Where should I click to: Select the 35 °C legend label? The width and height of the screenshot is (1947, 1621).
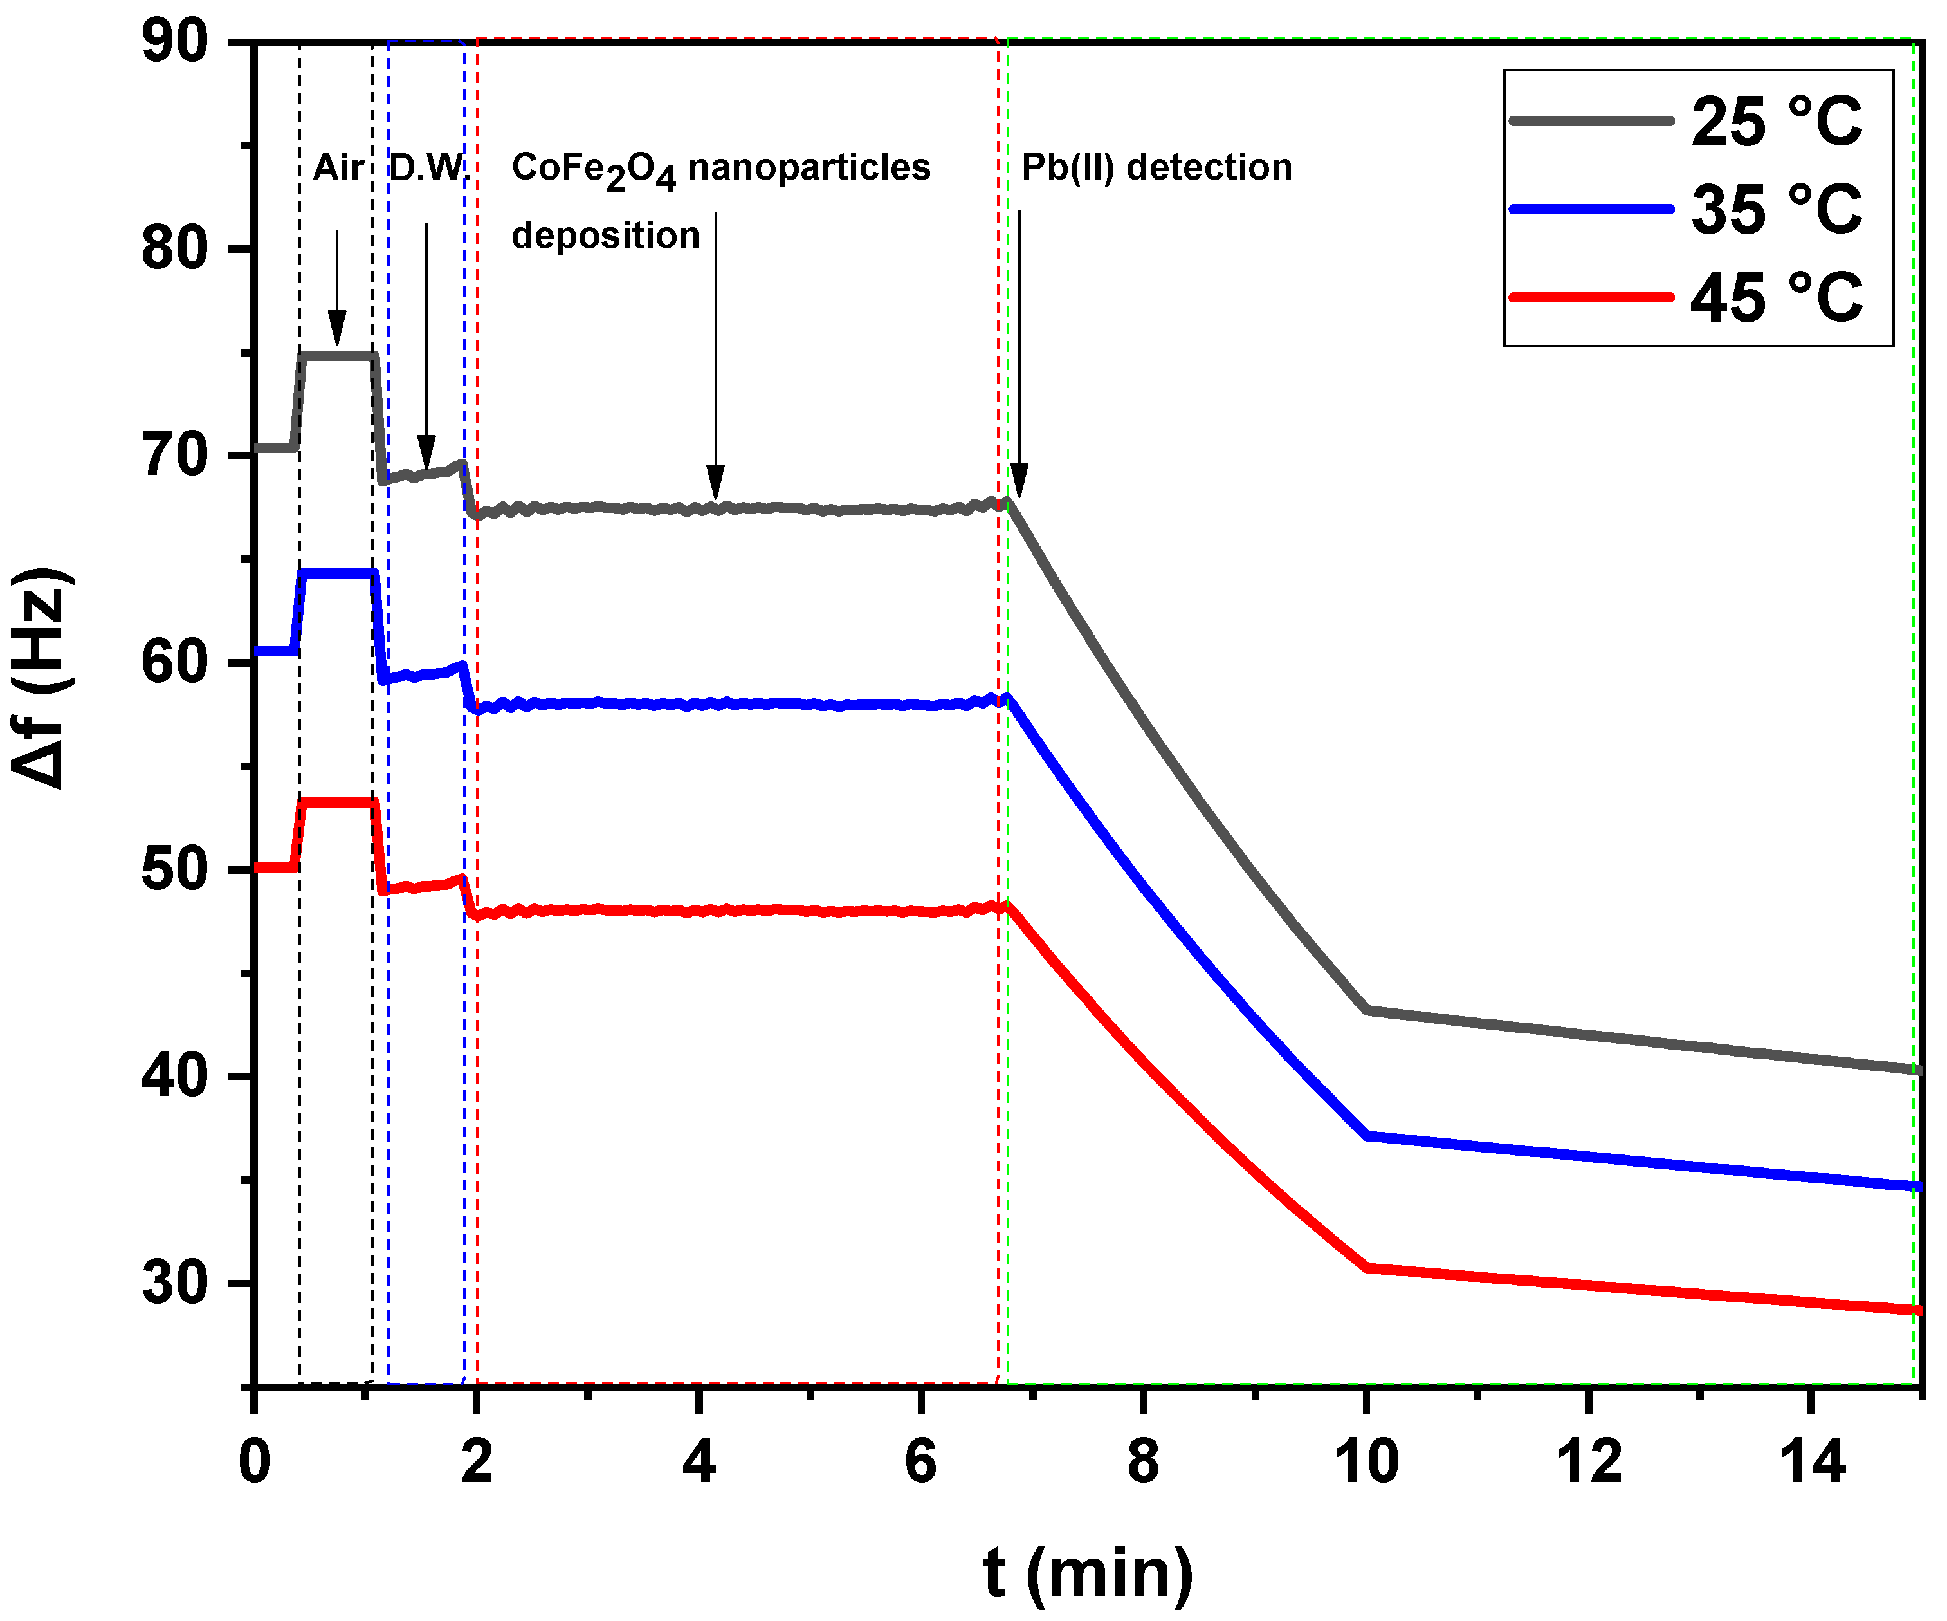tap(1775, 208)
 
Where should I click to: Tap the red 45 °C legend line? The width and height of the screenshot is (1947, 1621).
tap(1591, 297)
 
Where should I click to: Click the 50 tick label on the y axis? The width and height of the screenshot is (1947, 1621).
tap(174, 870)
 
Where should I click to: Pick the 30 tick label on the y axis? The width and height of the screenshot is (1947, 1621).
tap(174, 1284)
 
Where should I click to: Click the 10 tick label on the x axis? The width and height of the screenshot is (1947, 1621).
tap(1366, 1463)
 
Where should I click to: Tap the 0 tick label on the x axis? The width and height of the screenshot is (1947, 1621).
tap(254, 1463)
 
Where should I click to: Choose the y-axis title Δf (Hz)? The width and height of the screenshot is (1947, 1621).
tap(42, 677)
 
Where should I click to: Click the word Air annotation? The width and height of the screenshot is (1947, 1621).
tap(338, 168)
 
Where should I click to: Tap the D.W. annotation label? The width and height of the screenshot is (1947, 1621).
tap(428, 168)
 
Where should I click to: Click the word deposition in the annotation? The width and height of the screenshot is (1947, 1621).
tap(605, 236)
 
